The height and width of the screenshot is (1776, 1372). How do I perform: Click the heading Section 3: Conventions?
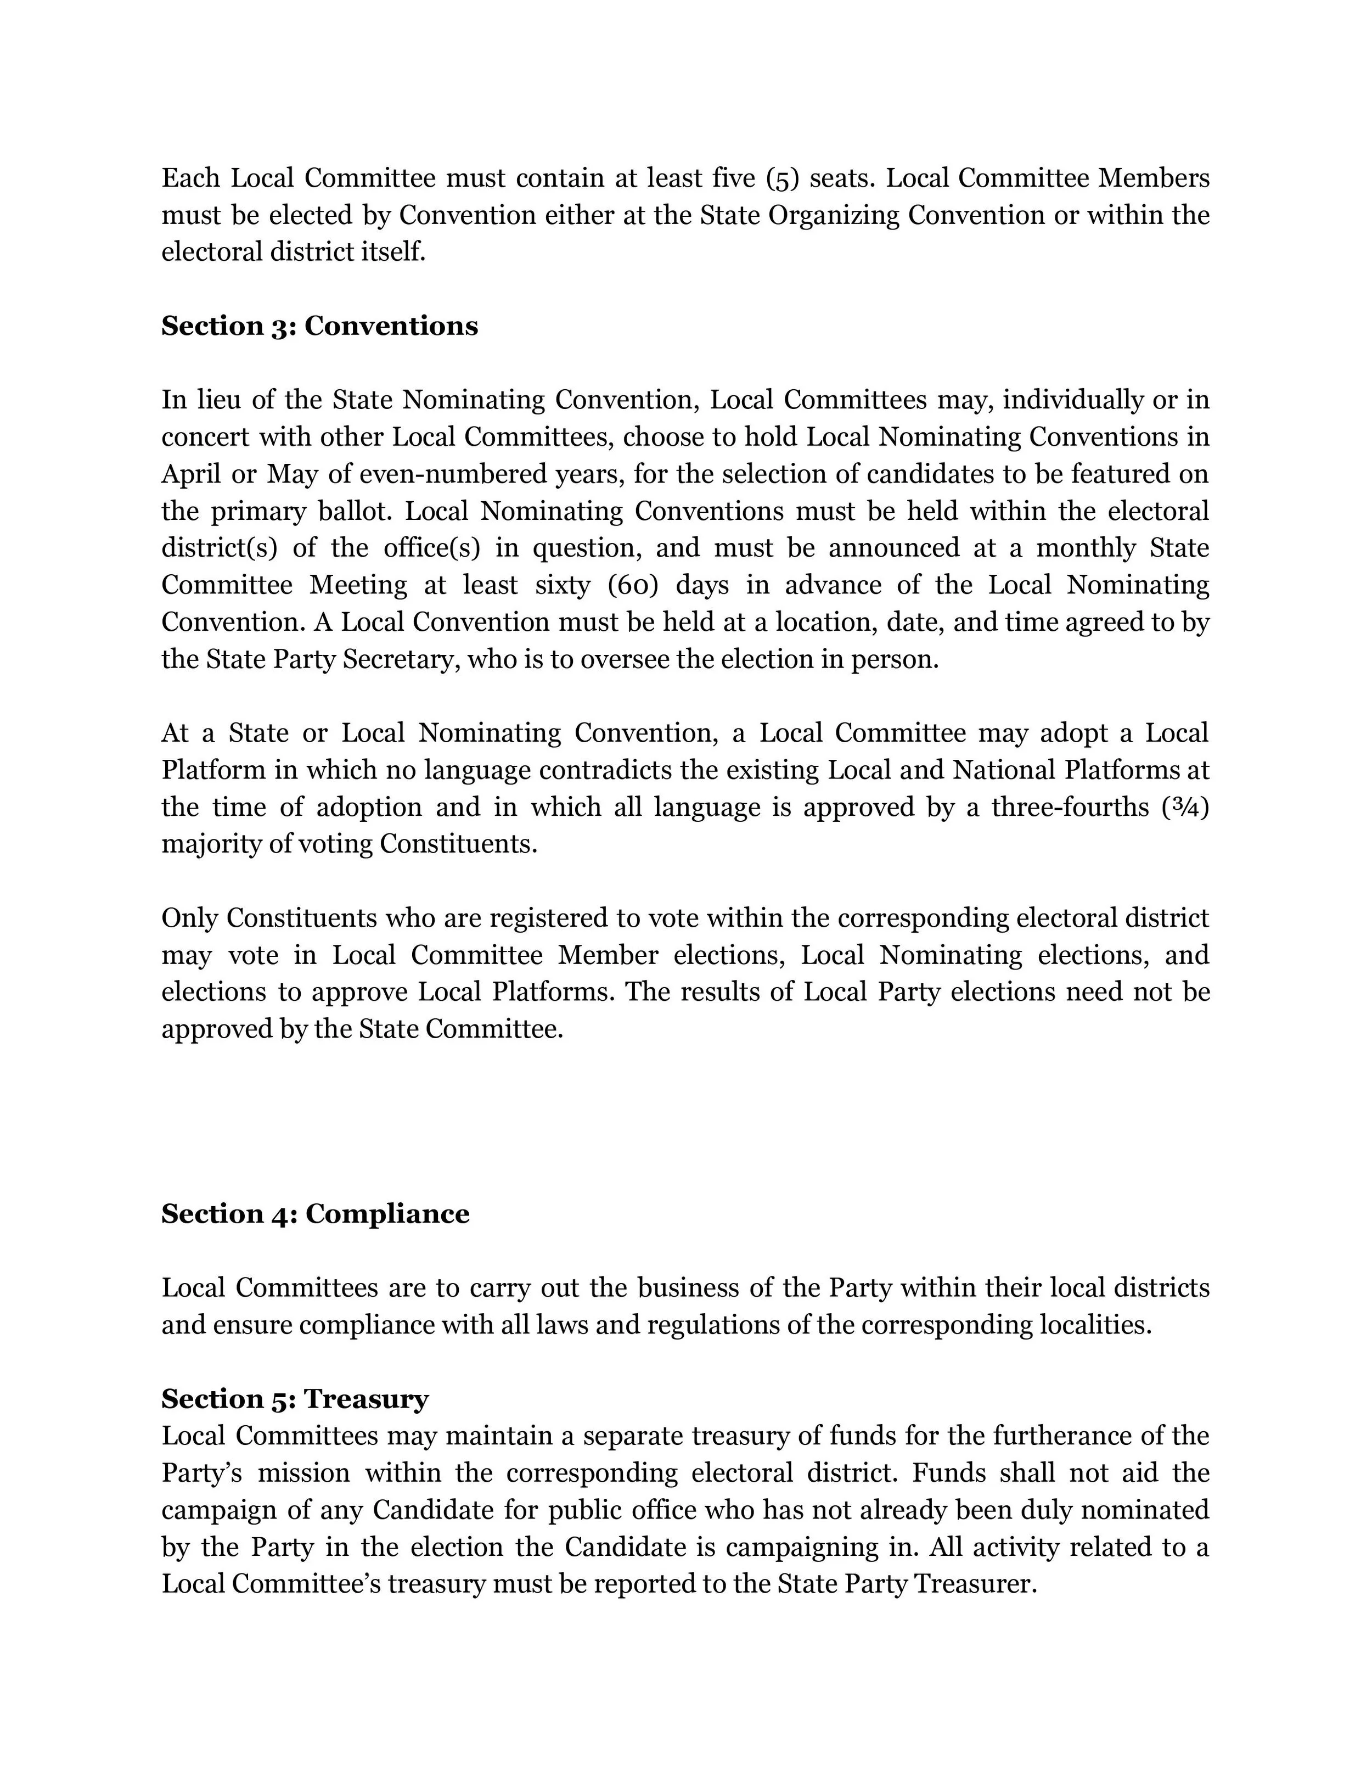click(x=319, y=326)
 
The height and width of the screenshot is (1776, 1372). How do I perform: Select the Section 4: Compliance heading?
click(x=316, y=1214)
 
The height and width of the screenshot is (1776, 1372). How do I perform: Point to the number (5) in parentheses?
click(x=783, y=178)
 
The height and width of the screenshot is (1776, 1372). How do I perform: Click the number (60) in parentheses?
click(x=632, y=585)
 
